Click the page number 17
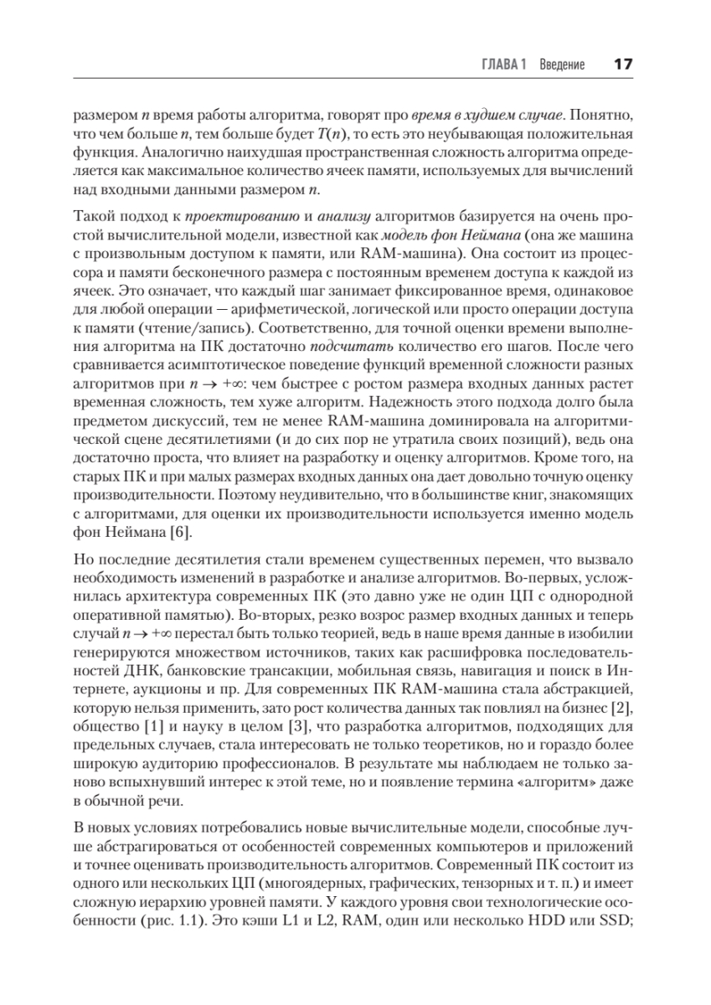[623, 64]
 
